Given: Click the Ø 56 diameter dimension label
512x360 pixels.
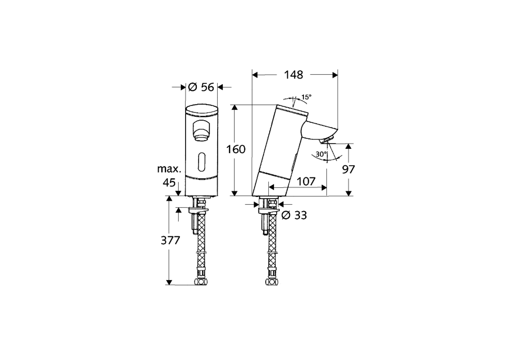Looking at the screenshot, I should [201, 87].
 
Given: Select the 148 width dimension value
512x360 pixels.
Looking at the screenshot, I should [294, 74].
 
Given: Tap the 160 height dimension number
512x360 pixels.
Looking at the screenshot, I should [236, 150].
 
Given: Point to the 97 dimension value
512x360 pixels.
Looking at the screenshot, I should [348, 169].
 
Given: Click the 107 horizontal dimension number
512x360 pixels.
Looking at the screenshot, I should [306, 181].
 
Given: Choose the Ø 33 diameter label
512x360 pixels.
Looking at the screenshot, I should [294, 215].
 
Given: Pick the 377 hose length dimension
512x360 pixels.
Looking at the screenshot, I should [170, 240].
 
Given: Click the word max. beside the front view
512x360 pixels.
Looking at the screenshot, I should [169, 169].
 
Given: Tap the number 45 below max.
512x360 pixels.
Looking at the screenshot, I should [170, 183].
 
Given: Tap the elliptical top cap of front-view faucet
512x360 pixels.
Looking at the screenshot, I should [202, 111].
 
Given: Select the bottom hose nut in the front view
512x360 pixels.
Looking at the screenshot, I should [201, 282].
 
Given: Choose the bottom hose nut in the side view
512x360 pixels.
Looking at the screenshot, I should [272, 282].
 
